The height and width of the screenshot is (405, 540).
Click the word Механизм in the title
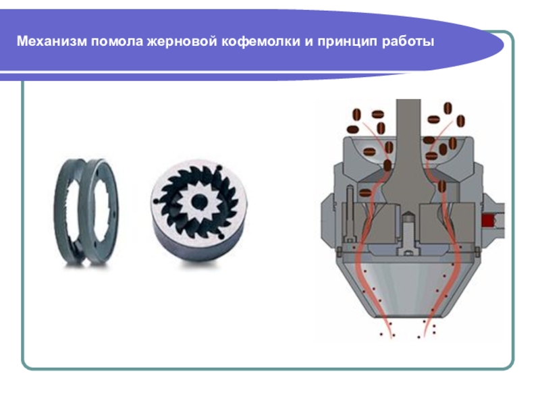tap(52, 41)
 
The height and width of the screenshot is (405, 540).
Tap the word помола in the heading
tap(117, 42)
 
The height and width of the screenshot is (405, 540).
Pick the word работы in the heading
tap(408, 42)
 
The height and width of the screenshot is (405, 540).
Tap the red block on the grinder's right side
tap(487, 220)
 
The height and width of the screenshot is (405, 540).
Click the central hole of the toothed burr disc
tap(198, 201)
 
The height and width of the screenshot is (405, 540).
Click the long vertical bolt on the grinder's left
tap(350, 214)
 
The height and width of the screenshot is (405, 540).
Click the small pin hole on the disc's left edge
tap(156, 200)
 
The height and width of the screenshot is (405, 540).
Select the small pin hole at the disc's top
tap(218, 167)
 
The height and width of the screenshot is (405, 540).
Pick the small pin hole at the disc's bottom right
tap(221, 236)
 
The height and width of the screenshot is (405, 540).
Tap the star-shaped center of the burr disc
tap(198, 201)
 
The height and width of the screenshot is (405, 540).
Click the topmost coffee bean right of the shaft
tap(448, 108)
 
